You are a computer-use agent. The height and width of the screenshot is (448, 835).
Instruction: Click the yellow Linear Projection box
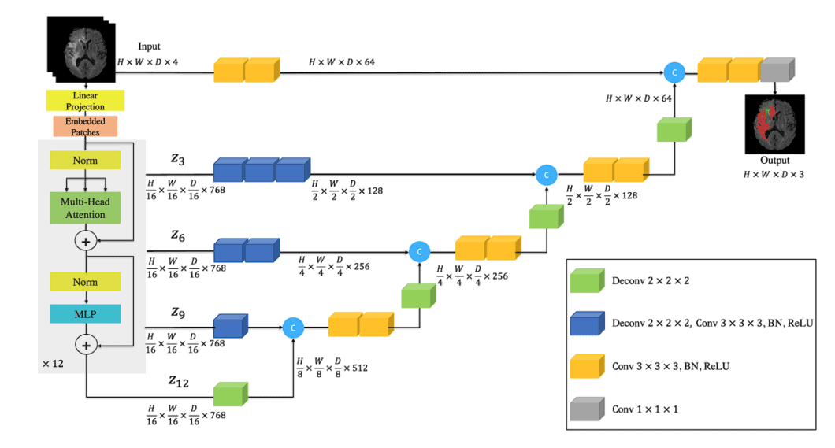point(86,101)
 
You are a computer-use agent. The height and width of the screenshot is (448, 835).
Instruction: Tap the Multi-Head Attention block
point(85,208)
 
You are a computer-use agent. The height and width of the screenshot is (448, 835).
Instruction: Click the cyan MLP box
point(85,313)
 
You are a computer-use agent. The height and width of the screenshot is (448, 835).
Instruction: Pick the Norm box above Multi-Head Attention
point(85,160)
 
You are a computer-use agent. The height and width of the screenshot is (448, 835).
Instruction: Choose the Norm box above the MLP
point(85,282)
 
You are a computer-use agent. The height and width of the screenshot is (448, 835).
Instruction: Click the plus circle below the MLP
point(86,344)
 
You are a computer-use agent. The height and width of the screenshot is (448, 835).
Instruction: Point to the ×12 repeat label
point(53,365)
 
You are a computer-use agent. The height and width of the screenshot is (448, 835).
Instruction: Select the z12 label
point(180,381)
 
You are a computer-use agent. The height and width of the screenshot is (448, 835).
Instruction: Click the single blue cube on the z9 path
point(229,326)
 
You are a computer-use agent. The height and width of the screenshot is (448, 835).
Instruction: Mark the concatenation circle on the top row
point(674,72)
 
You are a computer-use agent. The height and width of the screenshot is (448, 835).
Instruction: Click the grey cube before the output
point(778,71)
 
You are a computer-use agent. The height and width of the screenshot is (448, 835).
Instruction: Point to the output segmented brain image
point(774,124)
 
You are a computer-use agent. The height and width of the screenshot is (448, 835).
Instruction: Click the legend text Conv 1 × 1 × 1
point(644,409)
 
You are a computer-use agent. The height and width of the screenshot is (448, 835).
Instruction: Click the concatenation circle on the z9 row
point(293,326)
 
